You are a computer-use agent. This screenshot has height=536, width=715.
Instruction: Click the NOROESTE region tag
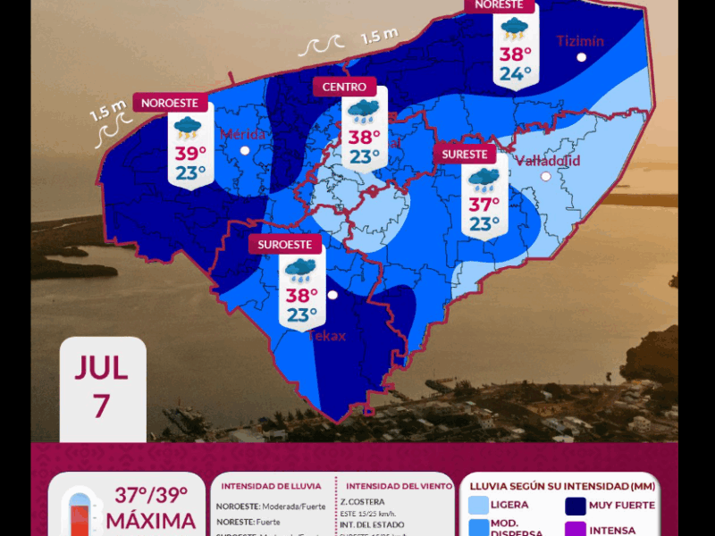click(170, 103)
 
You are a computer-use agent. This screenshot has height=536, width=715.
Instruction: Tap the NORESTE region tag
click(499, 5)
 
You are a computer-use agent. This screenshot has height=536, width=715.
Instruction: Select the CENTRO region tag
click(344, 87)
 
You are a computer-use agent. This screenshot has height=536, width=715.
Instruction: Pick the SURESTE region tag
click(464, 155)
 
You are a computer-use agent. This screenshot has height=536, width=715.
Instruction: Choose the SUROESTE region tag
click(284, 244)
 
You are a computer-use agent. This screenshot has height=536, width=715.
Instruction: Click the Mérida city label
click(243, 135)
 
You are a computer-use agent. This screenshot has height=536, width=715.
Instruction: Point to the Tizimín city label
click(580, 41)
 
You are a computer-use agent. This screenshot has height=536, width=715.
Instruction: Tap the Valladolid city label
click(547, 161)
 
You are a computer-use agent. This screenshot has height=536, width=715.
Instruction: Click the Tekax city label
click(326, 336)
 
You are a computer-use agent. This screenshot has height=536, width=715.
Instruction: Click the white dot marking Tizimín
click(582, 57)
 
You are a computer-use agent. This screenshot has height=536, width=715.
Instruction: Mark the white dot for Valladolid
click(546, 177)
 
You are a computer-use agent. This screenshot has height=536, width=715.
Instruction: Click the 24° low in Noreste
click(515, 73)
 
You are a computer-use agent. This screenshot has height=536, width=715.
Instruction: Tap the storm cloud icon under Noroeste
click(188, 128)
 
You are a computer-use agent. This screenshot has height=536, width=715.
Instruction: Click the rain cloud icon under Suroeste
click(301, 269)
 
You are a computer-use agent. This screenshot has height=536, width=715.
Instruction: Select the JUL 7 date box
click(102, 387)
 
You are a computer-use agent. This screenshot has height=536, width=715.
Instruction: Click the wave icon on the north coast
click(321, 45)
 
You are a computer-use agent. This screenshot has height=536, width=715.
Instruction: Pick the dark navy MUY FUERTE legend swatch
click(576, 507)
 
